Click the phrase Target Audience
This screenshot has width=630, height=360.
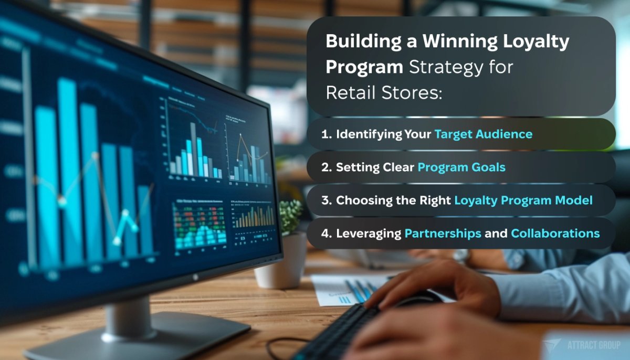pyautogui.click(x=483, y=134)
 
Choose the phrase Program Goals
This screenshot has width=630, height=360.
pyautogui.click(x=461, y=167)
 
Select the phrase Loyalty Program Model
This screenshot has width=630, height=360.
pyautogui.click(x=523, y=200)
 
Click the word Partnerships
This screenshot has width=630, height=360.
pyautogui.click(x=443, y=234)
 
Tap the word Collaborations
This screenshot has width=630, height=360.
pyautogui.click(x=555, y=234)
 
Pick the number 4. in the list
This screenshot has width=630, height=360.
pyautogui.click(x=327, y=234)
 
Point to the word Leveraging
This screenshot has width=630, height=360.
pyautogui.click(x=368, y=234)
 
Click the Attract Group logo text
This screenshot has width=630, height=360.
pyautogui.click(x=593, y=345)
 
